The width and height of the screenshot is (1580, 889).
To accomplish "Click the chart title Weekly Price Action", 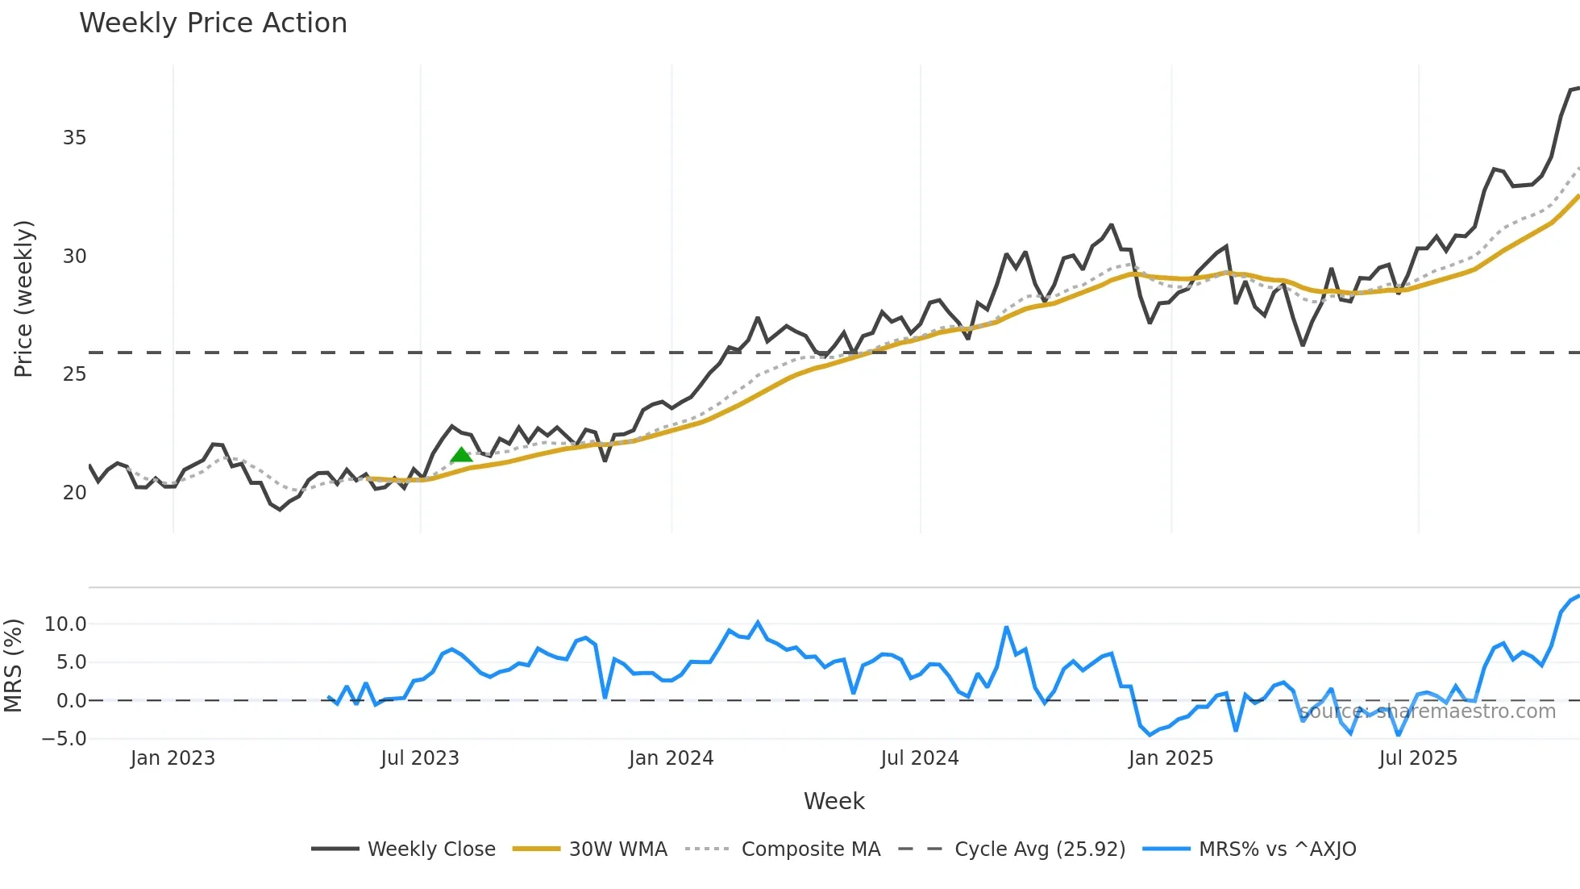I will point(213,23).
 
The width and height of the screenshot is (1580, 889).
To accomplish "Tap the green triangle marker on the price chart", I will point(461,455).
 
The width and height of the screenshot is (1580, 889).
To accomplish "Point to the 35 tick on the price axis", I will point(74,138).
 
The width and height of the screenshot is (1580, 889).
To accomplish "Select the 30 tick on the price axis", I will point(74,257).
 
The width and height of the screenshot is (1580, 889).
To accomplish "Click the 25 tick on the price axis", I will point(74,374).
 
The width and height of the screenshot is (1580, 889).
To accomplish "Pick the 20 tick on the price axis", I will point(74,493).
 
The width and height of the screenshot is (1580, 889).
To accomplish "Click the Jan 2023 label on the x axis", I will point(173,758).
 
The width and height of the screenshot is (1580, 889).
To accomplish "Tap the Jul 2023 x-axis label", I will point(420,758).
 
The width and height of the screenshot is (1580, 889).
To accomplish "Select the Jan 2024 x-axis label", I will point(671,758).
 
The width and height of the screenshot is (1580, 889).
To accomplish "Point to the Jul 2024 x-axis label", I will point(920,758).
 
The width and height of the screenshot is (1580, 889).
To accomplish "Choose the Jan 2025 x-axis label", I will point(1170,758).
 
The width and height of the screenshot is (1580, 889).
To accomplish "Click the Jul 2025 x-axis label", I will point(1418,758).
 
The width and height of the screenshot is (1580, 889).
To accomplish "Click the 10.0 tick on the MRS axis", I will point(65,624).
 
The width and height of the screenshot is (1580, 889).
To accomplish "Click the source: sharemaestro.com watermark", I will point(1428,712).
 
